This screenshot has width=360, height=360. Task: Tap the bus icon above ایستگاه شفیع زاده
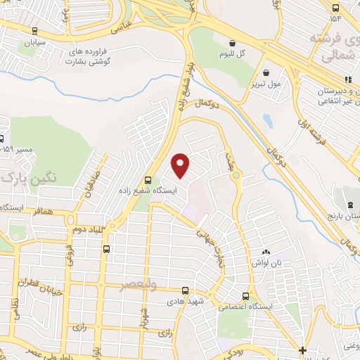pyautogui.click(x=148, y=179)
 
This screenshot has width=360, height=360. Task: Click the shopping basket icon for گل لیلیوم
pyautogui.click(x=231, y=42)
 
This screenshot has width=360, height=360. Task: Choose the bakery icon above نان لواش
pyautogui.click(x=266, y=252)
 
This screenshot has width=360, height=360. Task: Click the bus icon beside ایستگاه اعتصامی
pyautogui.click(x=245, y=295)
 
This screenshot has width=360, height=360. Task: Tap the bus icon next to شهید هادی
pyautogui.click(x=185, y=290)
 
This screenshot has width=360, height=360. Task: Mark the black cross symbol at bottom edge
pyautogui.click(x=302, y=350)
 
